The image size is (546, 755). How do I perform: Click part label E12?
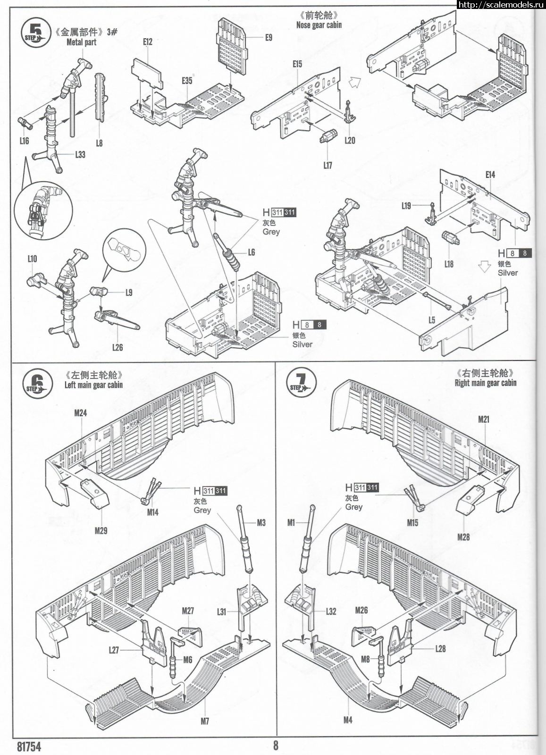tap(148, 42)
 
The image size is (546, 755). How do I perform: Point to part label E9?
tap(268, 37)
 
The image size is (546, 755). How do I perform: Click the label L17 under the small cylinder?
tap(328, 165)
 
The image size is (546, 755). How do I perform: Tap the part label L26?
tap(118, 347)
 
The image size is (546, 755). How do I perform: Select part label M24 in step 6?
tap(81, 413)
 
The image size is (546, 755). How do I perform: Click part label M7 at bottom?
tap(205, 721)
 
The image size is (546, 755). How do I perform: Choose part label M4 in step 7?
tap(348, 720)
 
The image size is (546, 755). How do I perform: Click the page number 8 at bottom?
tap(276, 745)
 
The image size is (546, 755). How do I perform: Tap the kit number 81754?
tap(29, 747)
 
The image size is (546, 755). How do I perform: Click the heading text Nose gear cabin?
tap(319, 25)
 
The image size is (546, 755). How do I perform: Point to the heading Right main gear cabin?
tap(485, 383)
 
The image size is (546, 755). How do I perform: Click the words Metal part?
tap(81, 42)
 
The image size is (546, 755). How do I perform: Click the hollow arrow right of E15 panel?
tap(355, 84)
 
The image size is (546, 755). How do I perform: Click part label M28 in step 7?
tap(463, 537)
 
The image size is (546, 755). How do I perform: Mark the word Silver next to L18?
tap(508, 273)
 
